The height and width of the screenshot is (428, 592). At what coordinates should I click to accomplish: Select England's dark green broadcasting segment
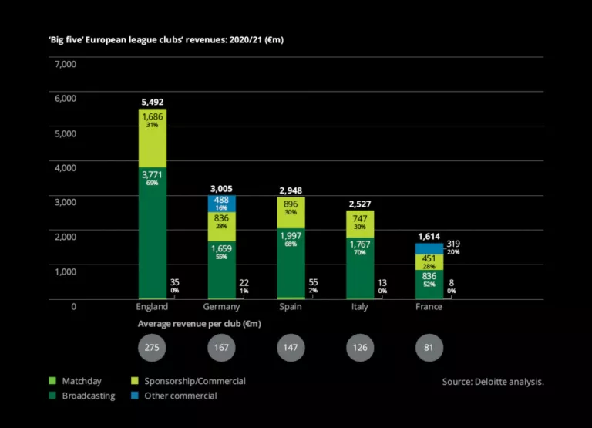point(152,231)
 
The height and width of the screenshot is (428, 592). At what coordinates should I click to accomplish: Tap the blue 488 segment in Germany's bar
point(221,203)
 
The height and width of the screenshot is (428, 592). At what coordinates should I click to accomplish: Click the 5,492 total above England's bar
point(152,102)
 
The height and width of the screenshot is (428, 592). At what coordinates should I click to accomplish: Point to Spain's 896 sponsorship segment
point(291,207)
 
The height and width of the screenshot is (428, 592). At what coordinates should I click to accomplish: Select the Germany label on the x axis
point(221,307)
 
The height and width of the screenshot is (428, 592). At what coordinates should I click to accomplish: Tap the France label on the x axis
point(429,307)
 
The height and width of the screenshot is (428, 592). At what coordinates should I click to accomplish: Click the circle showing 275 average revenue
point(152,348)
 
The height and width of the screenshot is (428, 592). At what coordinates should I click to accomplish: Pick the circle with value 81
point(429,348)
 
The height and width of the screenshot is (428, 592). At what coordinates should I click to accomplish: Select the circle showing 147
point(291,348)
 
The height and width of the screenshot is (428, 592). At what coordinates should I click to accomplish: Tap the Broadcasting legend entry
point(86,396)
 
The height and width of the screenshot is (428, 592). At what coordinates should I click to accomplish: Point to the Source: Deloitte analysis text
point(493,382)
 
